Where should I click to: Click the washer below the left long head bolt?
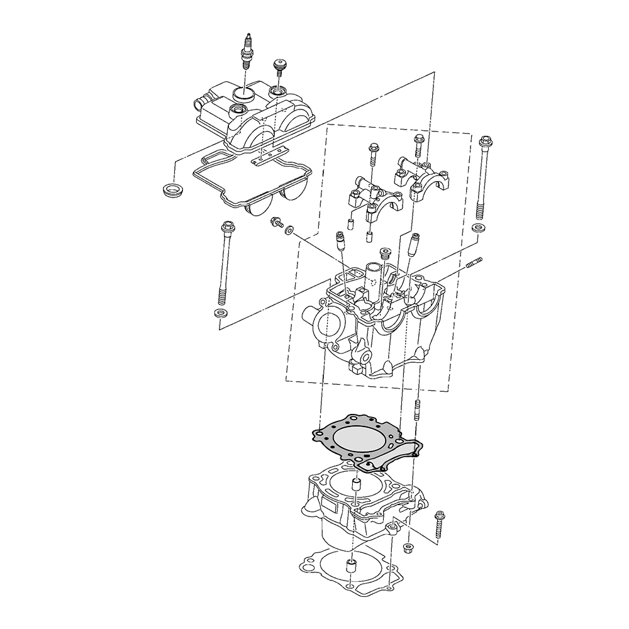[x=220, y=313]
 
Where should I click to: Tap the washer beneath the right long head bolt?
[x=479, y=228]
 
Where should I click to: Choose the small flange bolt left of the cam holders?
[x=276, y=222]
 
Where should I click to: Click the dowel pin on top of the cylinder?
[x=356, y=486]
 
